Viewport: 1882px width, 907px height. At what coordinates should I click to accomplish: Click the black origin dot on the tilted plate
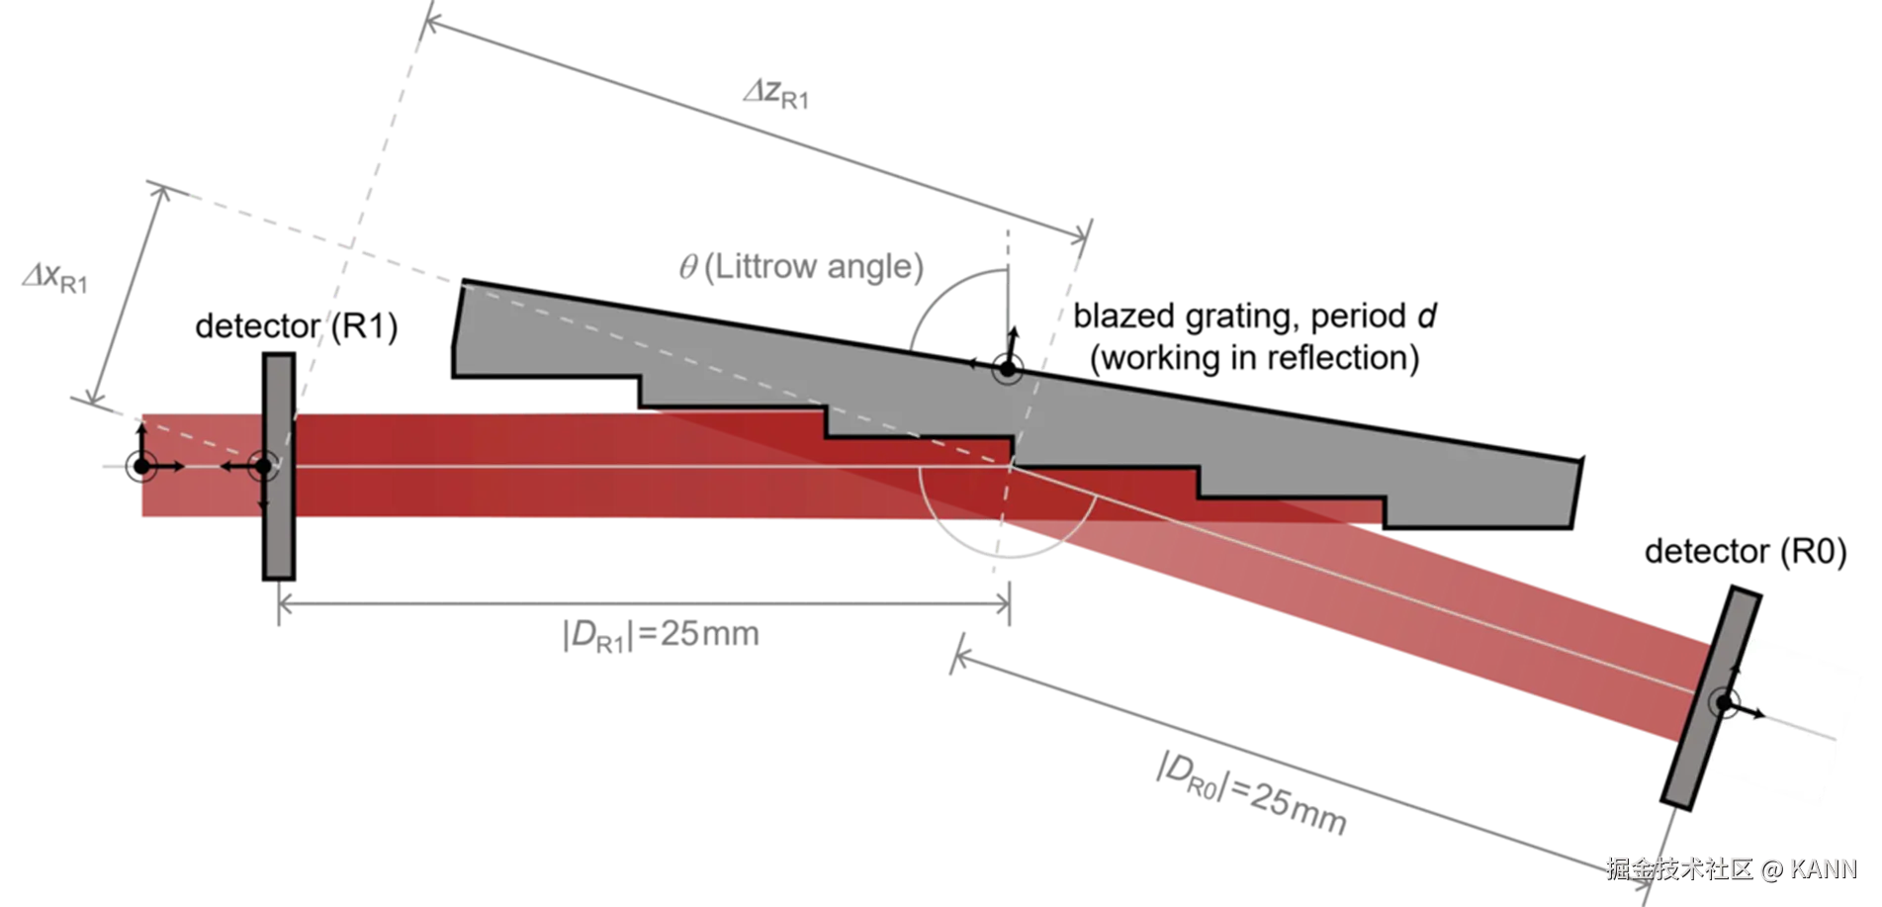tap(1725, 703)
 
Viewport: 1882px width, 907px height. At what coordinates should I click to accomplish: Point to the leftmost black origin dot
tap(140, 466)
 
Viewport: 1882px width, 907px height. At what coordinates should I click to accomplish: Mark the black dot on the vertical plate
tap(263, 466)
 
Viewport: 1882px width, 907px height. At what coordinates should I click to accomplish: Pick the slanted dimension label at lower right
tap(1252, 792)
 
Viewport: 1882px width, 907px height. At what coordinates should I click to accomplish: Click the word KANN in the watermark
tap(1824, 869)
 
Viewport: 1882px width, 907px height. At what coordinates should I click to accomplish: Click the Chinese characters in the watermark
tap(1677, 869)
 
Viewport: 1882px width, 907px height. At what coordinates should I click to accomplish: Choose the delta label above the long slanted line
tap(776, 96)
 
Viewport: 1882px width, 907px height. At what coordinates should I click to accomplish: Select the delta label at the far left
tap(52, 281)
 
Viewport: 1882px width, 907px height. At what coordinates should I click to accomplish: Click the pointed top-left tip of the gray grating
tap(463, 288)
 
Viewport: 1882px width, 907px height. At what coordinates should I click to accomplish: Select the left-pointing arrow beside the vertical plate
tap(229, 466)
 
